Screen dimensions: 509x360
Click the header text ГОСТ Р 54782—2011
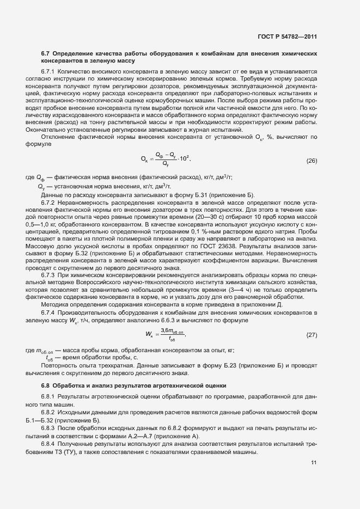pos(287,37)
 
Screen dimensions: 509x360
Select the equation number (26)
pos(312,161)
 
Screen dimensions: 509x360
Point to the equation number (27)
pos(312,334)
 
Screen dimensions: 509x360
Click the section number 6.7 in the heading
pos(46,54)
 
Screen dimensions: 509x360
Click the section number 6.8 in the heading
pos(46,385)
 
